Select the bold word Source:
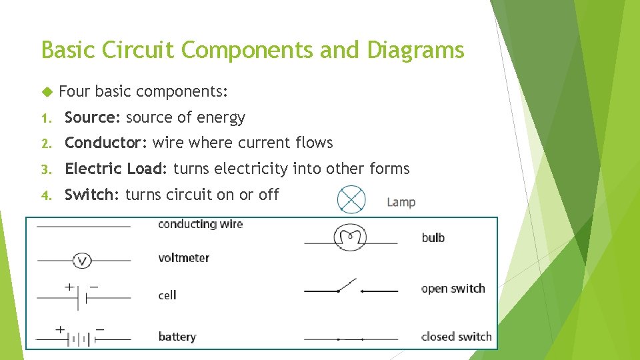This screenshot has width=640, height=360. tap(92, 118)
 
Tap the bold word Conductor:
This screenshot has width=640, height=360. tap(106, 143)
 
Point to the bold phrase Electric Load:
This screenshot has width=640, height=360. tap(117, 169)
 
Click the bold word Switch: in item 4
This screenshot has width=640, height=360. tap(92, 195)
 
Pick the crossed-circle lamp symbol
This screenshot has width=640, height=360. tap(351, 199)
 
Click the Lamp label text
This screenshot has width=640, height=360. tap(401, 202)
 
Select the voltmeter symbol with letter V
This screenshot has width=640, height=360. tap(82, 260)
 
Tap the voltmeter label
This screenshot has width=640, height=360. tap(183, 258)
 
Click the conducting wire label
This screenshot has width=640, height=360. tap(200, 224)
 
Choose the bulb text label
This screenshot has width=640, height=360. tap(433, 237)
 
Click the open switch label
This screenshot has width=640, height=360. tap(453, 289)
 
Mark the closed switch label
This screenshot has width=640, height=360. tap(456, 337)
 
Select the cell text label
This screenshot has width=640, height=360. tap(167, 295)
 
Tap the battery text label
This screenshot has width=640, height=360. tap(177, 337)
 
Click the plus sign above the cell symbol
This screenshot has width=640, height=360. tap(69, 287)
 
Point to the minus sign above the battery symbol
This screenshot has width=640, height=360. tap(101, 329)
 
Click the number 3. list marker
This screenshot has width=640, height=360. tap(45, 169)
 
